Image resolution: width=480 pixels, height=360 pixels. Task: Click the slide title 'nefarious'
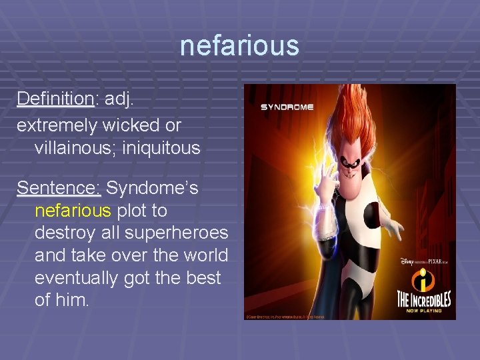(x=239, y=46)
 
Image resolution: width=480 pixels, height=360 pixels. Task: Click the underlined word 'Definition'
(x=55, y=99)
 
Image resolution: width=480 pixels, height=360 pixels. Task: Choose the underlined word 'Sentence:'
(x=59, y=189)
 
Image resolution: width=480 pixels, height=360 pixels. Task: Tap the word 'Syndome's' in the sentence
(x=152, y=189)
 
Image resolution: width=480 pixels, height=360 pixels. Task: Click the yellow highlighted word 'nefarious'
(x=73, y=211)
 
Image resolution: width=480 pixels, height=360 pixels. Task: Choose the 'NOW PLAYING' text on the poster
(x=424, y=308)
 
